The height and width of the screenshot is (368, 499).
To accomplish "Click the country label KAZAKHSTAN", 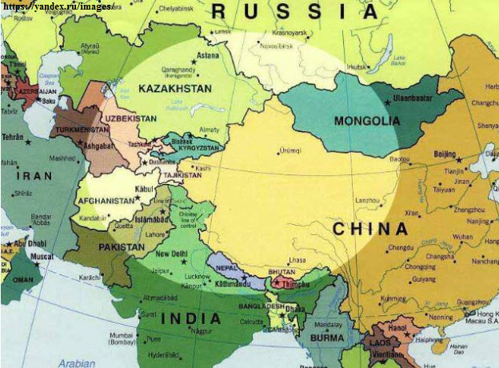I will (174, 87).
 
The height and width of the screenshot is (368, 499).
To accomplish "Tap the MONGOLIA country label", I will (367, 121).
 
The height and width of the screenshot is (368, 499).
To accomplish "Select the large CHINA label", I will (369, 229).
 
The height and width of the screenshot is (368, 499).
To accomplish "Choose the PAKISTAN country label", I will (122, 248).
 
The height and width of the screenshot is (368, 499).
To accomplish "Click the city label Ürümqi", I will (291, 150).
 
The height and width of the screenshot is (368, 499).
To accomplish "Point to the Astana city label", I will (208, 55).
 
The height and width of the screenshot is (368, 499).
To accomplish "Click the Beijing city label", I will (445, 154).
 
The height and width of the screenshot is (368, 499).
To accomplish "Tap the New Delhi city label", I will (171, 254).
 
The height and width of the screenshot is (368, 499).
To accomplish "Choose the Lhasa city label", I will (297, 260).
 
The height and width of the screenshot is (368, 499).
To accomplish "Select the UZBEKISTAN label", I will (130, 118).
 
